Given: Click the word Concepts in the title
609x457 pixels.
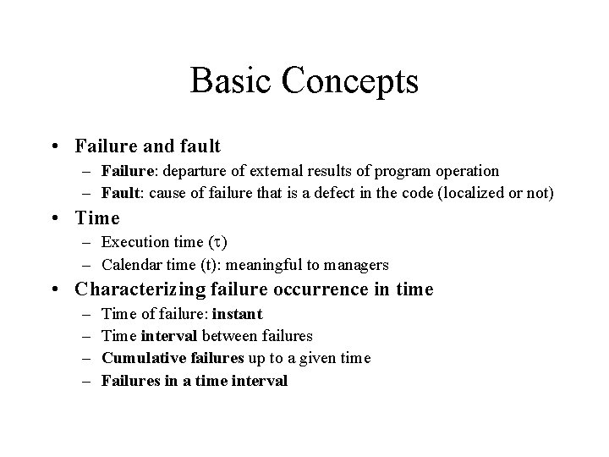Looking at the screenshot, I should tap(351, 82).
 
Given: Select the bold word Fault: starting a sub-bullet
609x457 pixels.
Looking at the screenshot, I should tap(121, 193).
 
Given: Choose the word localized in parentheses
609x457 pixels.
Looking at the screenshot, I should tap(486, 193).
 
